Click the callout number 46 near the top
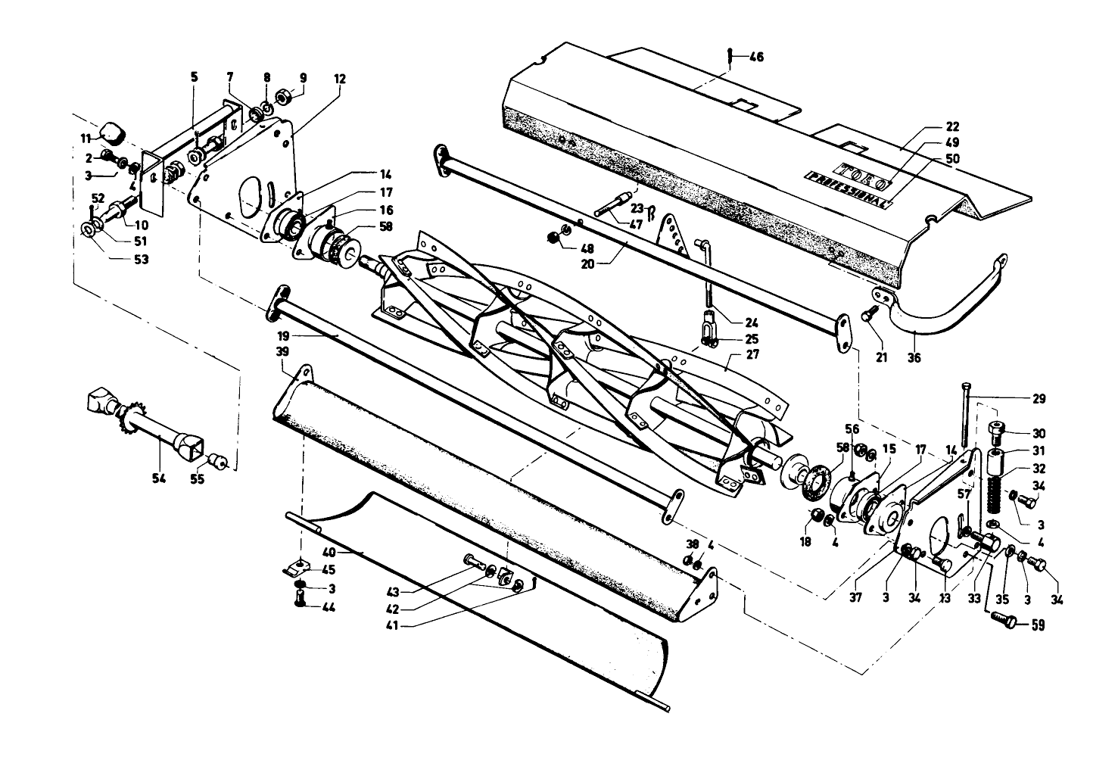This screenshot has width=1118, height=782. click(756, 57)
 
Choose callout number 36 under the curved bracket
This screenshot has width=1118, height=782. click(914, 357)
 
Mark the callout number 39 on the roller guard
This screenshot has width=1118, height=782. click(282, 353)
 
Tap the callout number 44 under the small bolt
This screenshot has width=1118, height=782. click(329, 607)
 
